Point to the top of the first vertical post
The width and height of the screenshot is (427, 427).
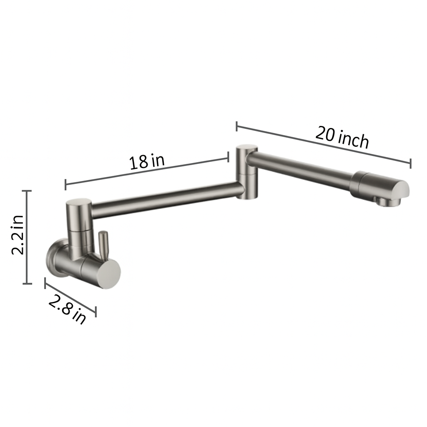78,203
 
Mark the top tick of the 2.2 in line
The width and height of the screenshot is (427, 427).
27,191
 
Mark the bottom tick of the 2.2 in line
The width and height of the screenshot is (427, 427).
27,284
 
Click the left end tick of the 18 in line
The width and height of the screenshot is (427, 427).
65,184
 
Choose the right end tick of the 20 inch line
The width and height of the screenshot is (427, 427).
410,163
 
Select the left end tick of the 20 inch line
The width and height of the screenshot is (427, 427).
237,126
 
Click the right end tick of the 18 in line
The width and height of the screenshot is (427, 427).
228,156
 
